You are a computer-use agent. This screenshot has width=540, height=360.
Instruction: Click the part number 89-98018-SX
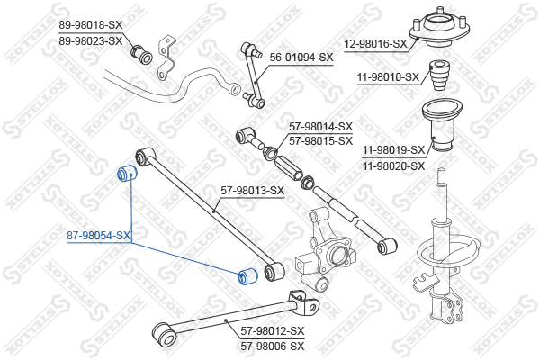tap(91, 25)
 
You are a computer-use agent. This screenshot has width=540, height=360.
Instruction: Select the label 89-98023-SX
tap(91, 41)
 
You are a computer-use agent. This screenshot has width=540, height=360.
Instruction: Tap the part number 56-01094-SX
tap(301, 58)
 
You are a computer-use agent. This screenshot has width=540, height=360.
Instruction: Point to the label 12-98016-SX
tap(375, 44)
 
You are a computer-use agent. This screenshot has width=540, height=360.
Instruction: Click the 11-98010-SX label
tap(388, 77)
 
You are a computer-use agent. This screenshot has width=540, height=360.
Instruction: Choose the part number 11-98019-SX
tap(393, 150)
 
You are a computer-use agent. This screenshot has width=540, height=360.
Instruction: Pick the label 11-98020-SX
tap(393, 166)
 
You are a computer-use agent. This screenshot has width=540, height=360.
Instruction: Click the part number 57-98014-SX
tap(320, 127)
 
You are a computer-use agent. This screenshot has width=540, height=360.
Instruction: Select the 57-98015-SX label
tap(320, 141)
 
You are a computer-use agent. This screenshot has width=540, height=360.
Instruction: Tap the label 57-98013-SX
tap(252, 190)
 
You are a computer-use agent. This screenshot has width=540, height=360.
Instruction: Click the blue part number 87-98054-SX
tap(98, 236)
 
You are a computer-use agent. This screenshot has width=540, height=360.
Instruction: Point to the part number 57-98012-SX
tap(273, 331)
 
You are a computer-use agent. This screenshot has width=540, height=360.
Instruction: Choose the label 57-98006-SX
tap(273, 346)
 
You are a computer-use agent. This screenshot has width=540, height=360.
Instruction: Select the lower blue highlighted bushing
tap(248, 276)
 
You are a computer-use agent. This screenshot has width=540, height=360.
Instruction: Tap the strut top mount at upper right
tap(440, 29)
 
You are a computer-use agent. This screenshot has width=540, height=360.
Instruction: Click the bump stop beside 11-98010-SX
tap(440, 76)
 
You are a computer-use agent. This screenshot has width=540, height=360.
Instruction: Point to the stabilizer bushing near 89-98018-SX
tap(141, 54)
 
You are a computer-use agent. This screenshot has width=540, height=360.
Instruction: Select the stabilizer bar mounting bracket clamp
tap(166, 58)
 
